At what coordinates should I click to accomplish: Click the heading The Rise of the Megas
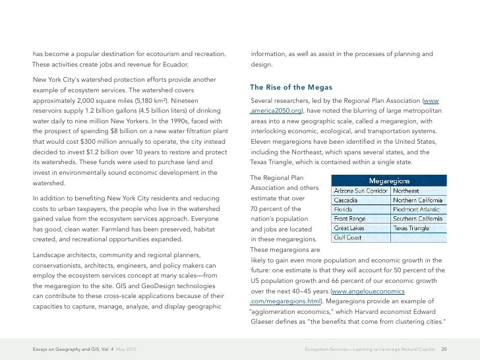pos(291,88)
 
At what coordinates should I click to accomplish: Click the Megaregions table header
pos(389,179)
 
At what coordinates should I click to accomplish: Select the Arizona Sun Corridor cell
pos(361,191)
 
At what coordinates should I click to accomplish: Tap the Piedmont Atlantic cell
pos(419,209)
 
